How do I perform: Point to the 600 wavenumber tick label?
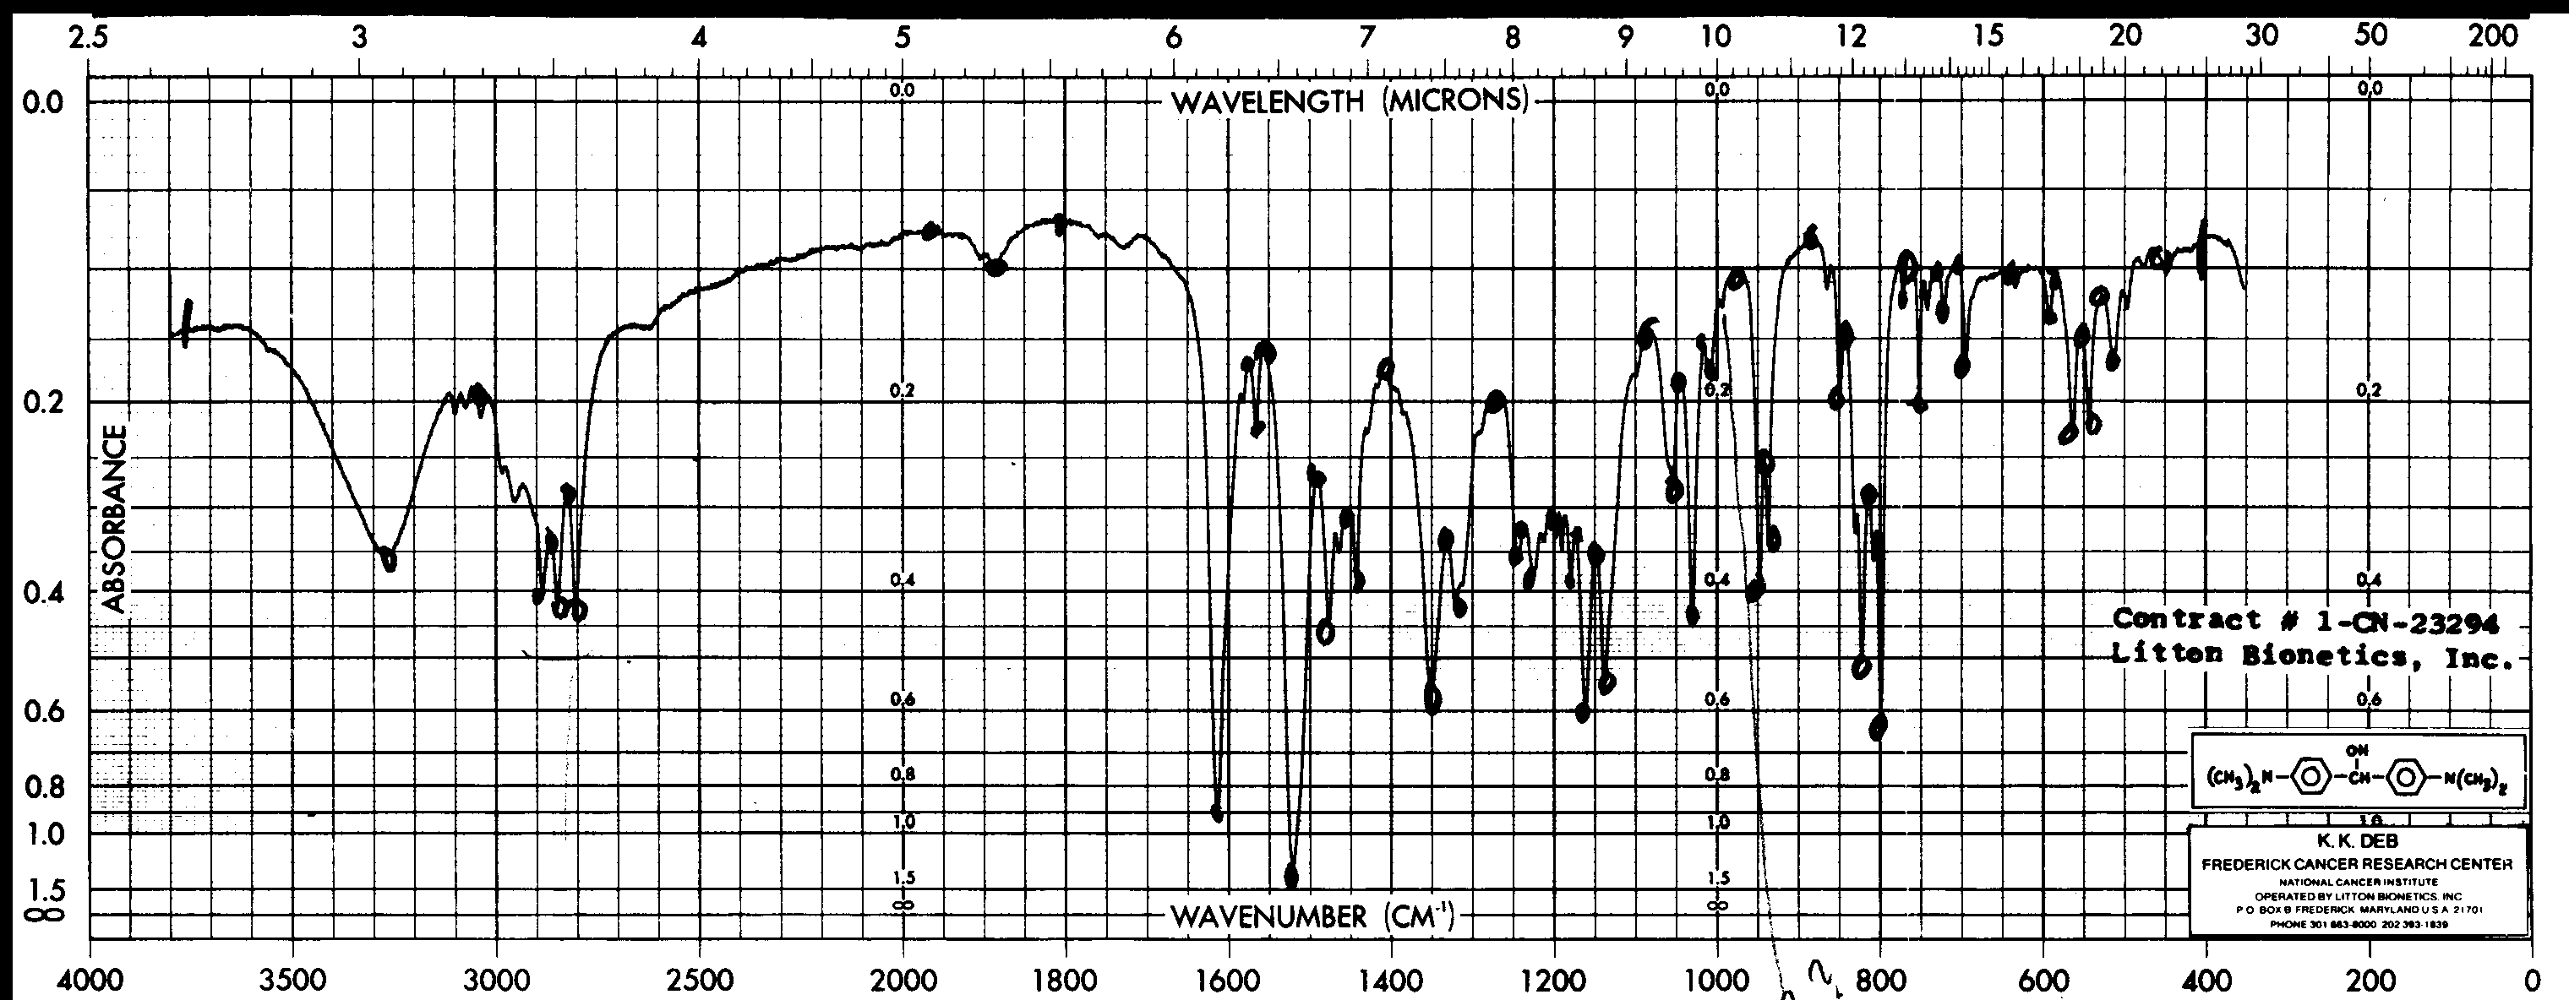point(2043,981)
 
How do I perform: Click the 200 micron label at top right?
point(2492,35)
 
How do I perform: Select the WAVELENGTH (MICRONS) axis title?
point(1350,101)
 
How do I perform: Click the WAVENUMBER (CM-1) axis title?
point(1312,916)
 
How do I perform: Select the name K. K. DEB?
point(2357,841)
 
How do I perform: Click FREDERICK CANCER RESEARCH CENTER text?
point(2357,863)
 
